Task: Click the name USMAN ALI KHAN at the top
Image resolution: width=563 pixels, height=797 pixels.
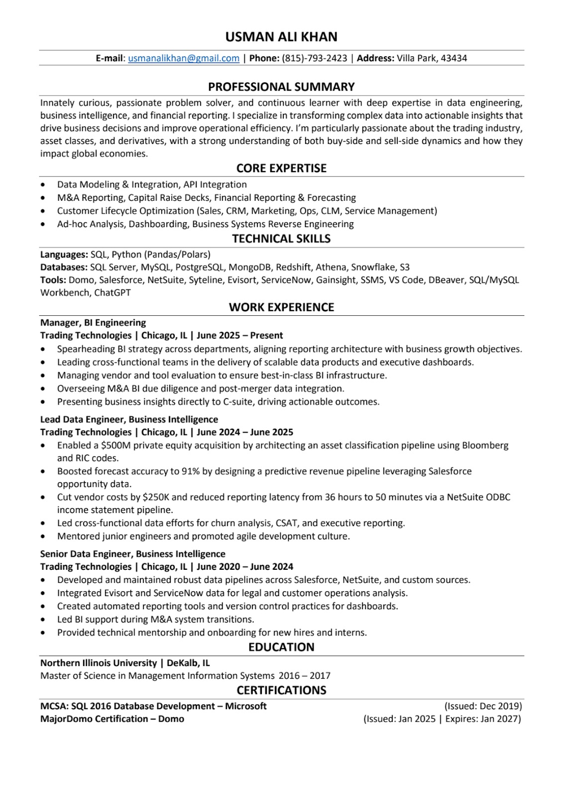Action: [x=281, y=37]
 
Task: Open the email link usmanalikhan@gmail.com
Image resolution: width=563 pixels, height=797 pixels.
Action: [x=184, y=58]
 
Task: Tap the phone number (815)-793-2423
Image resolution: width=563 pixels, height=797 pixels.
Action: [x=315, y=58]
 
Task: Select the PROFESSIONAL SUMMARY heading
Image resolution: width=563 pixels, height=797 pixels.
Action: [x=281, y=87]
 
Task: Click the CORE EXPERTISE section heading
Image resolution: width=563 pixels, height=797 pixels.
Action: [x=281, y=168]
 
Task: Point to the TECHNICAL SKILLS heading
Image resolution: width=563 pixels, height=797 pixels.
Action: [x=281, y=239]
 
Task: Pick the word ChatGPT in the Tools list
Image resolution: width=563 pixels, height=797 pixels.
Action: [x=113, y=292]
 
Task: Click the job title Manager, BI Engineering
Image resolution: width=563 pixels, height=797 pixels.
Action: [x=93, y=323]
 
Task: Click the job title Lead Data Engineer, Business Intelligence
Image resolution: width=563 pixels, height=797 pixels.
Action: [x=129, y=419]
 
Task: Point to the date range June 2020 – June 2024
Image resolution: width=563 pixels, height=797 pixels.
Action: [x=245, y=567]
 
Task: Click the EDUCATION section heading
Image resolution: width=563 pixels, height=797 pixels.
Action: [x=281, y=647]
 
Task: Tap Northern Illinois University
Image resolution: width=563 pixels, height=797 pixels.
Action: [x=99, y=663]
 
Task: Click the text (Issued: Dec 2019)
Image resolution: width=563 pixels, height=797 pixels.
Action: [x=483, y=706]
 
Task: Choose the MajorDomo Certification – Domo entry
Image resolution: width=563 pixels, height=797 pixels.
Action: [x=112, y=719]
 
